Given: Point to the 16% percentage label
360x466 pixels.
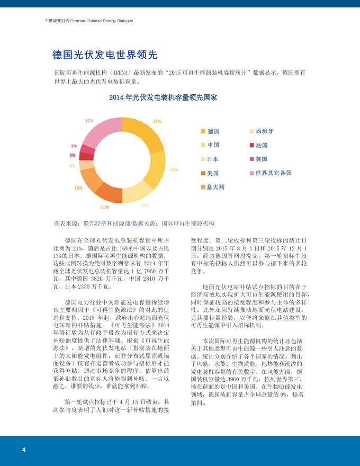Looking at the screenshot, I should click(173, 169).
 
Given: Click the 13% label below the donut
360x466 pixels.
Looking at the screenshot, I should click(145, 205).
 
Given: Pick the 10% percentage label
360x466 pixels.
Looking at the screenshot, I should click(78, 187).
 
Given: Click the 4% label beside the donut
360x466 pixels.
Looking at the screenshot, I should click(71, 166).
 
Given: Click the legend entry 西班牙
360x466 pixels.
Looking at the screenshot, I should click(264, 131).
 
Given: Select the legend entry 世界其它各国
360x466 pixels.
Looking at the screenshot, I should click(273, 173).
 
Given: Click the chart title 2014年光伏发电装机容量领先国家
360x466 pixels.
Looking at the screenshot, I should click(163, 98).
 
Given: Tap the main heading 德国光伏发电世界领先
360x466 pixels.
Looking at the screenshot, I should click(104, 55).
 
